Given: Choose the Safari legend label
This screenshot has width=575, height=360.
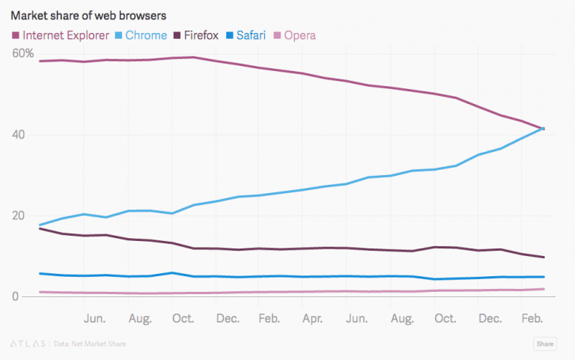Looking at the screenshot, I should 252,34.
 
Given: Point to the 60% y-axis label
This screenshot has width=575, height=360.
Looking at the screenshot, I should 22,54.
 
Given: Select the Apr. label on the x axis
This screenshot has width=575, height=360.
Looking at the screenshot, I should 312,319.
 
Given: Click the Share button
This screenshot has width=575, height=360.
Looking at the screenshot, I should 544,344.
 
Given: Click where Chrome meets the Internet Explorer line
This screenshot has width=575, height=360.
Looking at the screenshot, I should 541,129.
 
